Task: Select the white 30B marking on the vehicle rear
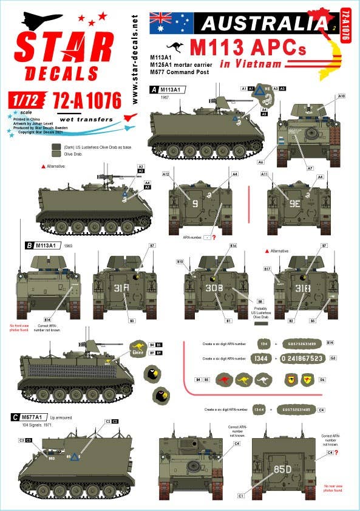point(214,288)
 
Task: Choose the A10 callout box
point(341,96)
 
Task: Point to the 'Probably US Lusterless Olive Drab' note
point(260,312)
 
